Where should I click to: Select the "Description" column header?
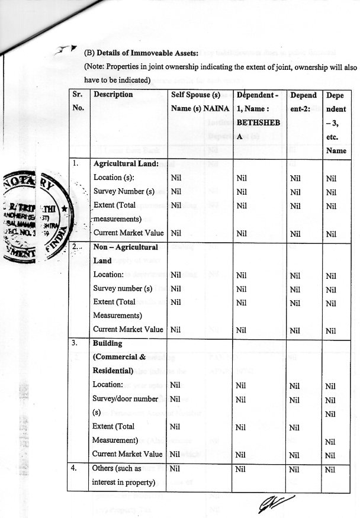113,94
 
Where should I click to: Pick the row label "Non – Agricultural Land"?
126,253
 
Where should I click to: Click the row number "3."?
75,343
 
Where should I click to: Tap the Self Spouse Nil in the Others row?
176,469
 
